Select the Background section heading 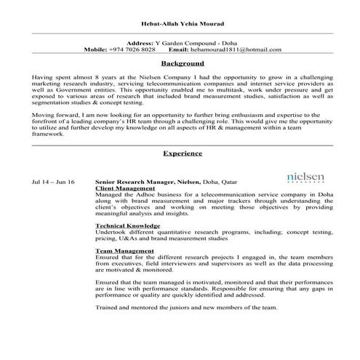(182, 64)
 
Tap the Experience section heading (182, 154)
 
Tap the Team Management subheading (123, 251)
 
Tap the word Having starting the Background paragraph (43, 76)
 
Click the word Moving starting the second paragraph (44, 114)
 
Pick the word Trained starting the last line (107, 308)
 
